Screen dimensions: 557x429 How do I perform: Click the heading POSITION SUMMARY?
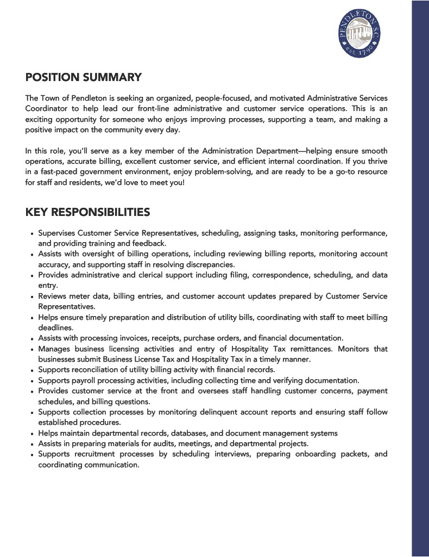pos(84,77)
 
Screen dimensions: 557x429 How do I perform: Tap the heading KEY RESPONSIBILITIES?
pos(87,212)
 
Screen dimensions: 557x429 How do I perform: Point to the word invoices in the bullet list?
pos(140,338)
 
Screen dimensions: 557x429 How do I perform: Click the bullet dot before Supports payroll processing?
pos(33,381)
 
